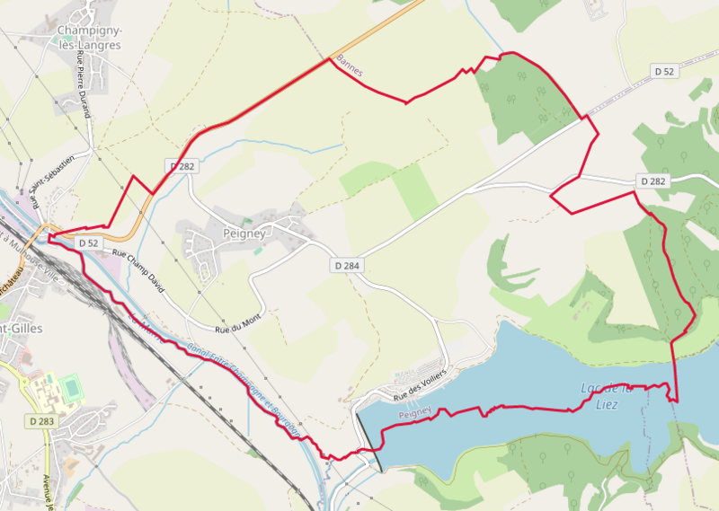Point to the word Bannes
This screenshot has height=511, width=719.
point(348,67)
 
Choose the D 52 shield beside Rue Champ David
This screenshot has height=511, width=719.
point(88,243)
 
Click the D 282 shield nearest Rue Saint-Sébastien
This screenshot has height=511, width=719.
point(181,166)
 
